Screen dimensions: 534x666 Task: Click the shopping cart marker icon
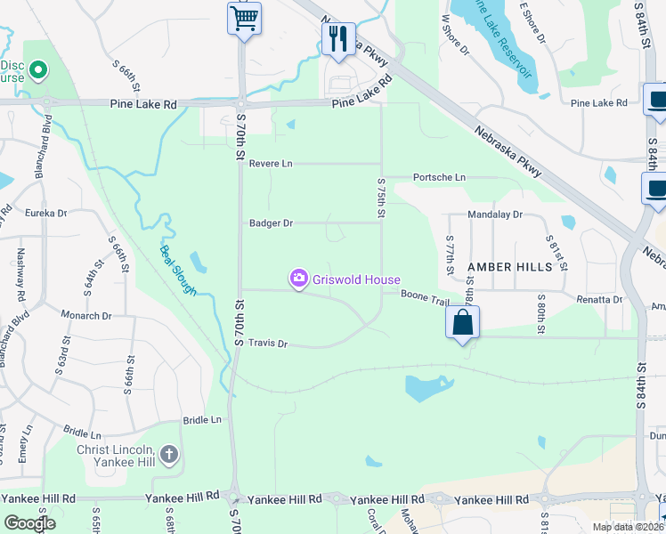(x=244, y=19)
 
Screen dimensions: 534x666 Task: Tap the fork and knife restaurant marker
(x=338, y=39)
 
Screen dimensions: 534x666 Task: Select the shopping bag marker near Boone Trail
(x=463, y=322)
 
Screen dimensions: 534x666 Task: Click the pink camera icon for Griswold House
(x=298, y=279)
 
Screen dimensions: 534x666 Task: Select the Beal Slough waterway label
(x=178, y=269)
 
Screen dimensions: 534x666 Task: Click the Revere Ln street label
(x=271, y=164)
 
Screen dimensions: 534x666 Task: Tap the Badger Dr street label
(x=271, y=223)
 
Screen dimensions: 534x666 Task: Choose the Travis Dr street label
(x=268, y=344)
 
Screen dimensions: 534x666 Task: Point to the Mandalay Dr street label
(x=497, y=214)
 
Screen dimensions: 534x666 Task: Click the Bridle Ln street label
(x=202, y=419)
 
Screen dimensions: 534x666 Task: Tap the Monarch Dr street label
(x=86, y=315)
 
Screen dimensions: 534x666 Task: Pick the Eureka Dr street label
(x=46, y=213)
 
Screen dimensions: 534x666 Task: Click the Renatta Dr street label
(x=599, y=300)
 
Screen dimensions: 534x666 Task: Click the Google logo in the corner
(x=29, y=523)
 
